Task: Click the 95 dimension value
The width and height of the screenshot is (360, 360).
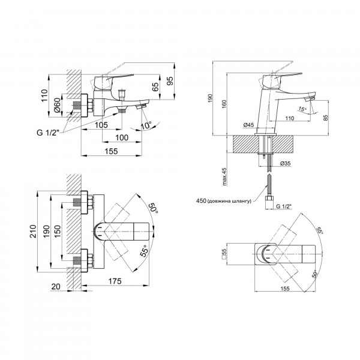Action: pos(170,80)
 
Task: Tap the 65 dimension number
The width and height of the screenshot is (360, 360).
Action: pos(155,87)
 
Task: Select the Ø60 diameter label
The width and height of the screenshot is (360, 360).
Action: pos(57,105)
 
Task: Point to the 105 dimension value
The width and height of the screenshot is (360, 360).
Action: pos(101,125)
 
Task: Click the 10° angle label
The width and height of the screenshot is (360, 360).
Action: pos(146,125)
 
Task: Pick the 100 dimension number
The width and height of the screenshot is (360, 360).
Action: pos(122,138)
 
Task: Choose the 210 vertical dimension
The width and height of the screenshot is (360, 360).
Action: pos(34,232)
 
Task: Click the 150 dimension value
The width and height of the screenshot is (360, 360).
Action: pos(58,232)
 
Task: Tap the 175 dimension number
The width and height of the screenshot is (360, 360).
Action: pos(115,281)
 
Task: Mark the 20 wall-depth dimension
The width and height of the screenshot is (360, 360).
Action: pos(56,287)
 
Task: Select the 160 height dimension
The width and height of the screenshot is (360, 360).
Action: pos(224,104)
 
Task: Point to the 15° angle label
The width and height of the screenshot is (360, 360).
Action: pos(302,109)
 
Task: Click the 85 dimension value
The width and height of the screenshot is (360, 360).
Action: pos(326,118)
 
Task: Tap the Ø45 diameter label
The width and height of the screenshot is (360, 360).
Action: pos(248,125)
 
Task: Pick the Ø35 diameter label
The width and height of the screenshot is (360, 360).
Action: pos(286,163)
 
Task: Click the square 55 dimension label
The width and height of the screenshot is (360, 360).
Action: pos(224,254)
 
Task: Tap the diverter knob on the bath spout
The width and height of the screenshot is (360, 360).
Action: pos(122,93)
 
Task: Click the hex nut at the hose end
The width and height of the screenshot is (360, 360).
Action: pos(269,199)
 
